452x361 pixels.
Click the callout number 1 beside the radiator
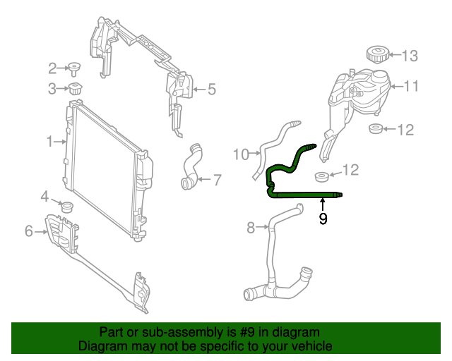[x=50, y=142]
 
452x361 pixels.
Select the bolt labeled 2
[x=74, y=69]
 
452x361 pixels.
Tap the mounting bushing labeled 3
[x=76, y=88]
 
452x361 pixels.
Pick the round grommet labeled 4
[x=67, y=207]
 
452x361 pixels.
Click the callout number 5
[x=212, y=90]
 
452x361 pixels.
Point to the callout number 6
[x=29, y=231]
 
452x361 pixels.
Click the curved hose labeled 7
[x=191, y=166]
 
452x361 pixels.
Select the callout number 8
[x=251, y=228]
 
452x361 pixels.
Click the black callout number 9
[x=323, y=219]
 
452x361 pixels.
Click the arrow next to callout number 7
[x=204, y=179]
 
